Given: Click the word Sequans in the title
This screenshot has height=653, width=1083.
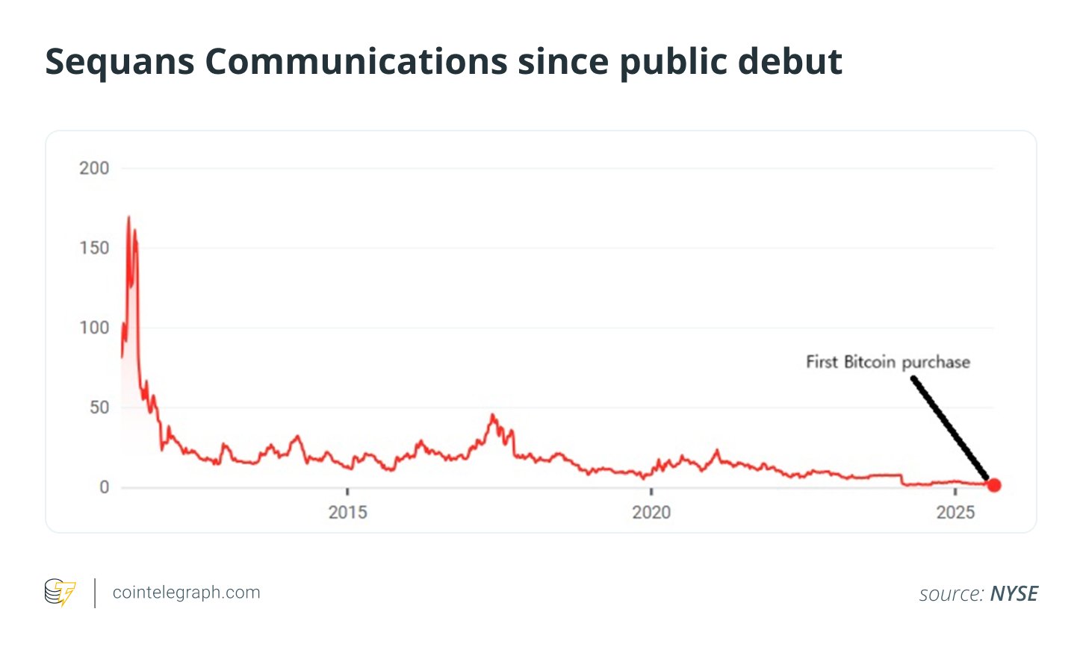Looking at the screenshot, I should (x=120, y=62).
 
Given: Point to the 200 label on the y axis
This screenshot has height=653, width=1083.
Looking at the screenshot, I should (x=94, y=169).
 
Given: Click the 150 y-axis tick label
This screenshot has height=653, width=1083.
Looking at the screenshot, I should (x=94, y=249).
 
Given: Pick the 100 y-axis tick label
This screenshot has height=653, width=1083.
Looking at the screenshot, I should (x=94, y=328).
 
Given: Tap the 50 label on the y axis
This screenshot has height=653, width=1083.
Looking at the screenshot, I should (x=99, y=407).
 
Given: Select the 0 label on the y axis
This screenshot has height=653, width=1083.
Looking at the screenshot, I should (x=105, y=487).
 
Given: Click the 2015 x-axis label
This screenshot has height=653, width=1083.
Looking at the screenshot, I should (x=347, y=513).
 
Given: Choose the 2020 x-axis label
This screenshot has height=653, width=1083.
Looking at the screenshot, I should (x=651, y=513).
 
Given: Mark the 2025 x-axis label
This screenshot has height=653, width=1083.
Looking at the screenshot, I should (x=955, y=513).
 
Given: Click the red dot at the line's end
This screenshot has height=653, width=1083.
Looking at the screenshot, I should (x=994, y=485).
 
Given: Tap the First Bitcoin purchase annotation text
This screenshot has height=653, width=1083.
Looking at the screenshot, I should (x=887, y=363).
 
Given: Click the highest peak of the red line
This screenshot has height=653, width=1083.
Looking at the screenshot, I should (x=128, y=217).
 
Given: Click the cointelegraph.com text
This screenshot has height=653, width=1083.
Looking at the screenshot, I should (x=186, y=593).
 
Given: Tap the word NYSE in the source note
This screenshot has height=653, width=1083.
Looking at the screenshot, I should (x=1014, y=594).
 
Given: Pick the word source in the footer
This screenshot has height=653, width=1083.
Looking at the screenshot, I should (x=951, y=594).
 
